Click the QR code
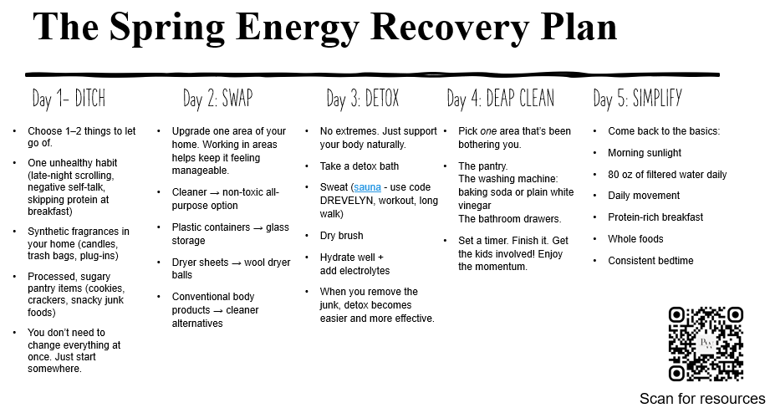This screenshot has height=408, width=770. [x=706, y=344]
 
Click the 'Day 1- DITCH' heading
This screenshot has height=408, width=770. [x=69, y=99]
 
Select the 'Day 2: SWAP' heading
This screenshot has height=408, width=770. [x=217, y=99]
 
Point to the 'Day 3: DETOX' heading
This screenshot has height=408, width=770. [x=363, y=99]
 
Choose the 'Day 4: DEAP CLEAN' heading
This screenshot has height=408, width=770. [x=500, y=99]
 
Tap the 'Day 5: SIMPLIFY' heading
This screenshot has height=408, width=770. [x=637, y=99]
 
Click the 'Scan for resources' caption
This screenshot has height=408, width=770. [x=702, y=398]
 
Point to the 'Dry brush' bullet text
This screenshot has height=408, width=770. [x=341, y=236]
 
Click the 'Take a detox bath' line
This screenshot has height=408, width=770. [x=359, y=166]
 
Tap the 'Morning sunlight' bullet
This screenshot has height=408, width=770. [x=644, y=153]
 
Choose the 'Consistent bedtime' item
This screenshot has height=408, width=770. [x=650, y=261]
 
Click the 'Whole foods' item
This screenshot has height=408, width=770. [x=635, y=239]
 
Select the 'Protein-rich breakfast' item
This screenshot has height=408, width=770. [x=655, y=217]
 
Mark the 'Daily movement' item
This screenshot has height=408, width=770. [x=643, y=196]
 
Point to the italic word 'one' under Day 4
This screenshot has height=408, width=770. [x=488, y=131]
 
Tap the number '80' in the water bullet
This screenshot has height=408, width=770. [x=614, y=175]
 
